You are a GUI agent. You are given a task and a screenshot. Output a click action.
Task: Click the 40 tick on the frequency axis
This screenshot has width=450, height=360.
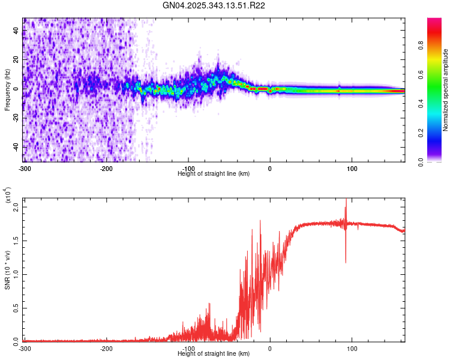coord(16,31)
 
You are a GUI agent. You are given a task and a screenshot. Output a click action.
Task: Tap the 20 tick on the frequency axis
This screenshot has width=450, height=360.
coord(16,60)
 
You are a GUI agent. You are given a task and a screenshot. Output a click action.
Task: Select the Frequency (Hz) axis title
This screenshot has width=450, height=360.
coord(7,90)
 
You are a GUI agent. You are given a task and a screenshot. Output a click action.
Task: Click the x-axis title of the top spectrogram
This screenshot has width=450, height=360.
coord(214,173)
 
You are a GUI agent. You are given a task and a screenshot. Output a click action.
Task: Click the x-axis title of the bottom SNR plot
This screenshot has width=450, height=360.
coord(214,353)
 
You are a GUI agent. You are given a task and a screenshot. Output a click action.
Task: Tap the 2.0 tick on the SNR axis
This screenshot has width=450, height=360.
coord(16,207)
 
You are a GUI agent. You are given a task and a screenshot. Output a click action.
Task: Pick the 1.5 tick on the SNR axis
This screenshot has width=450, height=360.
coord(16,241)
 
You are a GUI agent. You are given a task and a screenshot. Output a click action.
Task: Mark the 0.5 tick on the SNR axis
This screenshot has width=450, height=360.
coord(16,308)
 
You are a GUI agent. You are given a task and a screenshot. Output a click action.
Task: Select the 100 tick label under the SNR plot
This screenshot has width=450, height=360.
coord(352,348)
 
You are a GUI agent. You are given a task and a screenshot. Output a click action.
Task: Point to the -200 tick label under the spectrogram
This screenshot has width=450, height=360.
coord(106,168)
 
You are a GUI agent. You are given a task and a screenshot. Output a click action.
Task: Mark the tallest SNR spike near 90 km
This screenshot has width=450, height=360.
coord(346,201)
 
